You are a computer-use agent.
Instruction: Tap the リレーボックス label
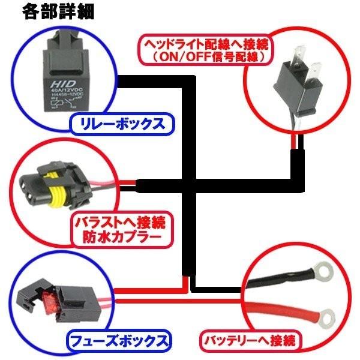(x=118, y=125)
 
